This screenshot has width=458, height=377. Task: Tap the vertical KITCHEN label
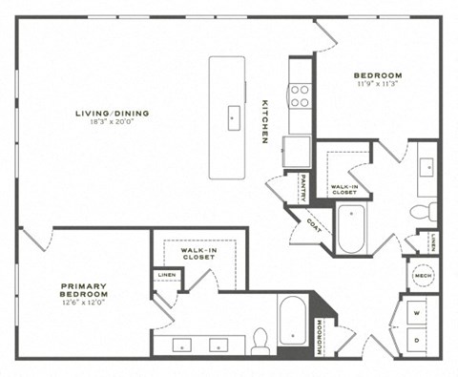click(x=265, y=123)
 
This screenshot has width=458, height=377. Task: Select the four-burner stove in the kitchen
click(x=300, y=94)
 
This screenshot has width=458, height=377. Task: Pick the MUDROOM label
click(x=319, y=335)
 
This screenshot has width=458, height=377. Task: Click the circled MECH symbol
click(x=423, y=277)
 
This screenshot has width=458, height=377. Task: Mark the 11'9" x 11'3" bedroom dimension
click(x=378, y=84)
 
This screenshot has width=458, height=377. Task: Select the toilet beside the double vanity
click(x=260, y=339)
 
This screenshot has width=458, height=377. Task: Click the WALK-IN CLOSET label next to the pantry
click(x=343, y=189)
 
